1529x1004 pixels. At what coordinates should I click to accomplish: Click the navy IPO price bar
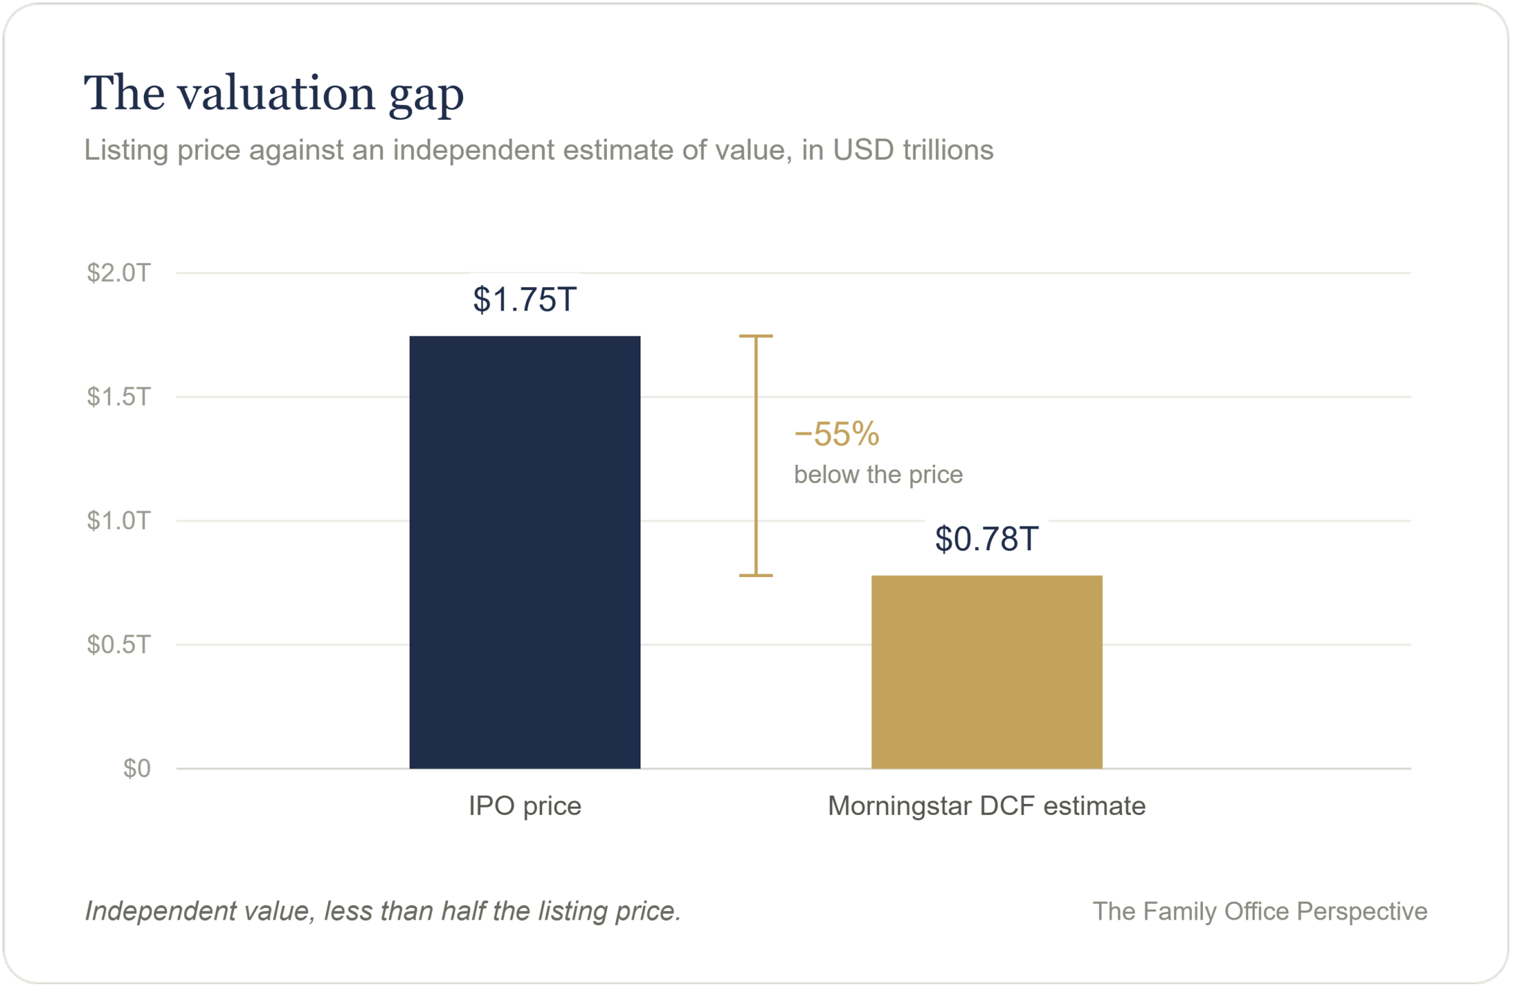[x=525, y=552]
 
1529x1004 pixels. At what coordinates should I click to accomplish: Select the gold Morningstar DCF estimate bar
[x=986, y=672]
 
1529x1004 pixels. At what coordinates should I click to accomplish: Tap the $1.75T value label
[x=525, y=299]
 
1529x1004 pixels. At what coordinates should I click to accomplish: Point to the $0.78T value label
[x=986, y=539]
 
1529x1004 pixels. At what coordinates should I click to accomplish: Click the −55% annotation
[x=836, y=434]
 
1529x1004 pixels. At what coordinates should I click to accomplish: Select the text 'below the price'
[x=878, y=474]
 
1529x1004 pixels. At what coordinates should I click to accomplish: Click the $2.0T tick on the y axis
[x=118, y=273]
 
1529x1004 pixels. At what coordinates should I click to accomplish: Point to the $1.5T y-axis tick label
[x=118, y=397]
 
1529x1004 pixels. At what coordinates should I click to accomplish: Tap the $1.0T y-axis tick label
[x=118, y=521]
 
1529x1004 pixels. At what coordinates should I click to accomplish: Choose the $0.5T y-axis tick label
[x=118, y=644]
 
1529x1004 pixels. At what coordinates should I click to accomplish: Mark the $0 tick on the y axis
[x=137, y=768]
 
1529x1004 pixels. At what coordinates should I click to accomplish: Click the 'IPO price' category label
[x=525, y=806]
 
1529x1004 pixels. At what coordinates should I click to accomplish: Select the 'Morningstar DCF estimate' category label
[x=986, y=806]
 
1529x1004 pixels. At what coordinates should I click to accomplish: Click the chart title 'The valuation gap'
[x=274, y=93]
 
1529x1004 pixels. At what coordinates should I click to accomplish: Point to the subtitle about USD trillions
[x=538, y=150]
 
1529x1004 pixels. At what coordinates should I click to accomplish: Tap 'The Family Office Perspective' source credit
[x=1260, y=911]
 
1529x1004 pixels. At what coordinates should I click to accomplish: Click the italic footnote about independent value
[x=383, y=911]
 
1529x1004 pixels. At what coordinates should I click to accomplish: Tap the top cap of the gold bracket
[x=756, y=336]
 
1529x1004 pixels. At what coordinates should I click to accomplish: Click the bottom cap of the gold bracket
[x=756, y=576]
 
